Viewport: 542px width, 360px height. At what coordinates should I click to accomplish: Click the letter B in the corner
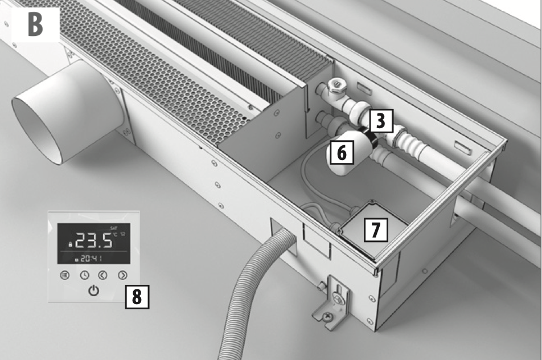(x=35, y=24)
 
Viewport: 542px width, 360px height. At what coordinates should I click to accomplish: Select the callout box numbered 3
(x=381, y=121)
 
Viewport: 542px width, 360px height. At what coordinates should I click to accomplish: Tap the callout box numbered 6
(x=342, y=152)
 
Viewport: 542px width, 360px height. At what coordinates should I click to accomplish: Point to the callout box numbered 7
(x=376, y=230)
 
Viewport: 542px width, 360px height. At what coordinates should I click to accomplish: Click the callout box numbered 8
(x=137, y=297)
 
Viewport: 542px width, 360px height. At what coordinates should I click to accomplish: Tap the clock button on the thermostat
(x=85, y=275)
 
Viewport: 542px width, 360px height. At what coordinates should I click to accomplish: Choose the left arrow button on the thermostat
(x=103, y=275)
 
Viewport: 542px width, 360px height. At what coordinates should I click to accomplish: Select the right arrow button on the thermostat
(x=123, y=275)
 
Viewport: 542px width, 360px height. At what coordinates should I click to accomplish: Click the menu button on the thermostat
(x=65, y=275)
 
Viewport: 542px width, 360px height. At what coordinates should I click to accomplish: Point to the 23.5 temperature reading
(x=93, y=240)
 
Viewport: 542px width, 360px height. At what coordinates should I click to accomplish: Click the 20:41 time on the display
(x=91, y=259)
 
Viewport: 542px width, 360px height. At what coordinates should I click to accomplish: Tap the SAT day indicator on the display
(x=114, y=228)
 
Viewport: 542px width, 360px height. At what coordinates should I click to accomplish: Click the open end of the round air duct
(x=38, y=131)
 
